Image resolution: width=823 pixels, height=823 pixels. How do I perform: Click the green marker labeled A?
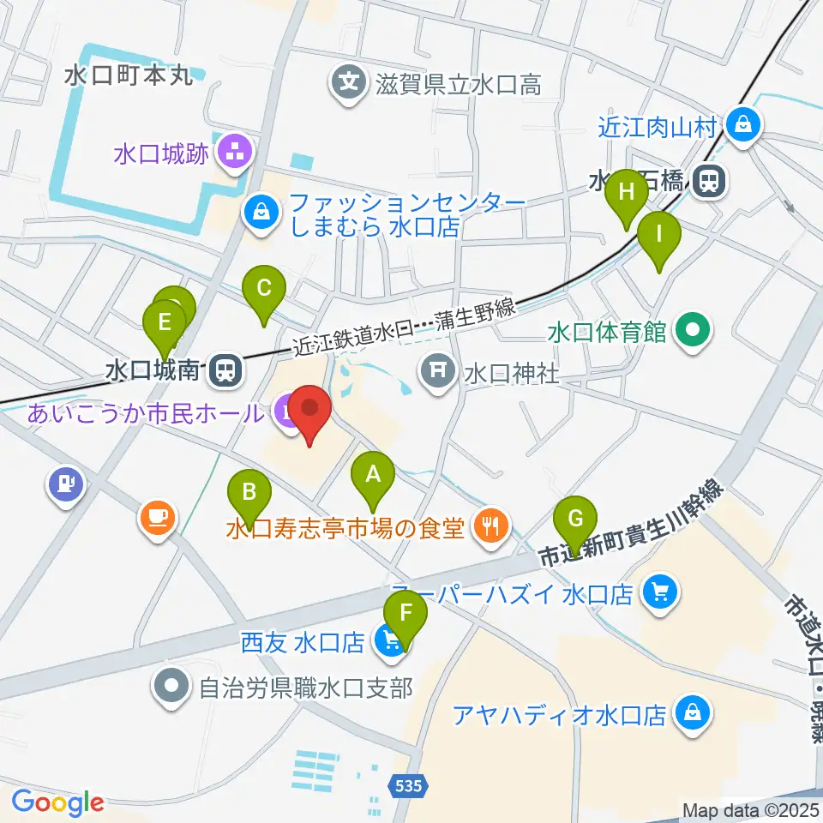[372, 474]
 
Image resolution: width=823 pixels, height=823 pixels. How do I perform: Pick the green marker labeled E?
[165, 322]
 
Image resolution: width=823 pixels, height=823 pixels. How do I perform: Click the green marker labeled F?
[405, 614]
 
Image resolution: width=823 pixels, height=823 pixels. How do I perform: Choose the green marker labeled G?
[575, 520]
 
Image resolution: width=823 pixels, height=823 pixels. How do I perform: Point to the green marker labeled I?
[658, 233]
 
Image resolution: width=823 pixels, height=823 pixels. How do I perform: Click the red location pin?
[309, 408]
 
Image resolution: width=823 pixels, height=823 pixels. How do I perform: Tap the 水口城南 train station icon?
[225, 370]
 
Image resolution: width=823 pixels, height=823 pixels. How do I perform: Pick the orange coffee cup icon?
[159, 518]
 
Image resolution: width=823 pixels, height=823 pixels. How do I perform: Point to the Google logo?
[57, 802]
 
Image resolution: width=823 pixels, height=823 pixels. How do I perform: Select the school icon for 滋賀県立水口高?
[349, 83]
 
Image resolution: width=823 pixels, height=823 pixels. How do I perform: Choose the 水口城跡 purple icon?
[231, 155]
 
